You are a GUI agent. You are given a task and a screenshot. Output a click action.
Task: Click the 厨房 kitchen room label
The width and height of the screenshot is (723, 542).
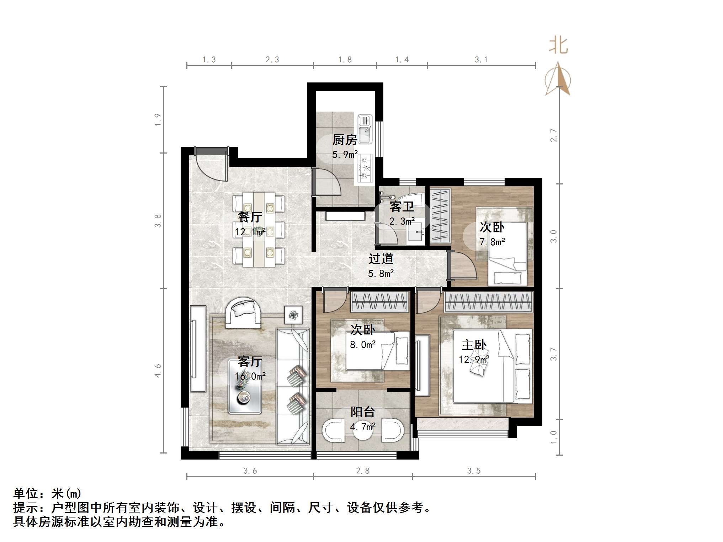click(344, 140)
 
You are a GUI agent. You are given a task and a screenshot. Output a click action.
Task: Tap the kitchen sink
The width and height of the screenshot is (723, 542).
click(365, 129)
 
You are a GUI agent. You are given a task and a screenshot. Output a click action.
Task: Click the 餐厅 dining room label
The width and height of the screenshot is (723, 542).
click(250, 217)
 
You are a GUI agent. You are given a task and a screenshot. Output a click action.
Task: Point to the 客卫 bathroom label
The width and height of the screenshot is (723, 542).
click(402, 206)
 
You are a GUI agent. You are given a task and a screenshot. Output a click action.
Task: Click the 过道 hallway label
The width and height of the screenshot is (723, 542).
click(381, 259)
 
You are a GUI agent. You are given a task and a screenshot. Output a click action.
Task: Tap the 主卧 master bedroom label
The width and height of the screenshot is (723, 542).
click(474, 345)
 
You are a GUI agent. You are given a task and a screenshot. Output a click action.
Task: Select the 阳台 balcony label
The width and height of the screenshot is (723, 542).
click(362, 412)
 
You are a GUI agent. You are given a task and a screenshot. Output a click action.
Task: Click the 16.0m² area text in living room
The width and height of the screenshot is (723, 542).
click(250, 376)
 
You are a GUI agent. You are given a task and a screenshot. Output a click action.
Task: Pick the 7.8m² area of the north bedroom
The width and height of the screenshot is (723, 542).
click(492, 242)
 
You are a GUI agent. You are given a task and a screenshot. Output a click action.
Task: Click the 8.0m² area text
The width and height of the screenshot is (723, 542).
click(362, 345)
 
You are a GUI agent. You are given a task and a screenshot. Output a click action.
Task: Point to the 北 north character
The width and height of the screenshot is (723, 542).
click(558, 46)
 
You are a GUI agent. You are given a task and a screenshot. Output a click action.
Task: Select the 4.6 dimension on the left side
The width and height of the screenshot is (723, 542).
click(158, 370)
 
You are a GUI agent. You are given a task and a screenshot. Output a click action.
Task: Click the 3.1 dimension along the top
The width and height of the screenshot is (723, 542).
click(481, 60)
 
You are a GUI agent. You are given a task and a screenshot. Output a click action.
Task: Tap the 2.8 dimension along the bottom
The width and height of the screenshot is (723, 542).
click(363, 471)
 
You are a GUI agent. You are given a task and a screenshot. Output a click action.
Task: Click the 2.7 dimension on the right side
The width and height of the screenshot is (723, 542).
click(553, 135)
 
